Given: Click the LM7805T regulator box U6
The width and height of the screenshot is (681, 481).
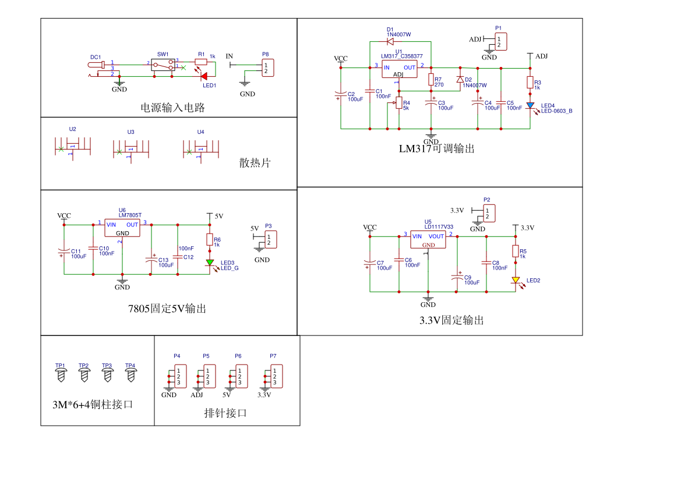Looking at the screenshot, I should pos(122,228).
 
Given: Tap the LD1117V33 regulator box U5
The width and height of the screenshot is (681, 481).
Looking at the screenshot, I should pos(428,240).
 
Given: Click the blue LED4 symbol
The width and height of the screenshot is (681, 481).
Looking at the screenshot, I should pos(530,106).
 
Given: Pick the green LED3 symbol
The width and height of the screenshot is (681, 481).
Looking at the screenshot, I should pos(210,263).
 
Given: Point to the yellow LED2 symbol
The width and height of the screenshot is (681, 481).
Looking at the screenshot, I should pos(516,280).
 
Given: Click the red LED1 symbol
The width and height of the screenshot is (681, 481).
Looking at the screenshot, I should pos(203,76).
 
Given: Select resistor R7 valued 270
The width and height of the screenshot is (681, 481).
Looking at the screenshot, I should pos(431,80).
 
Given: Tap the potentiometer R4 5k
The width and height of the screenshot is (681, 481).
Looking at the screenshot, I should pos(399,104).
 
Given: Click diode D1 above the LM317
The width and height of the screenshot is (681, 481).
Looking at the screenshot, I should pos(390,41).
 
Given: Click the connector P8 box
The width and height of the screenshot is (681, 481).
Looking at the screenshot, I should pos(267,68).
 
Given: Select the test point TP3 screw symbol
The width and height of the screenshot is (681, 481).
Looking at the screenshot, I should pos(107,375).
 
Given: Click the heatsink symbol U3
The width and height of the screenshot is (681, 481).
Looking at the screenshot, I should pos(131,150).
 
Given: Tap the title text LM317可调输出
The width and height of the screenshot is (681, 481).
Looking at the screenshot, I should pos(436,149).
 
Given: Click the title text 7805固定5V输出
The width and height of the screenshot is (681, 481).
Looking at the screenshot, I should pos(167,309).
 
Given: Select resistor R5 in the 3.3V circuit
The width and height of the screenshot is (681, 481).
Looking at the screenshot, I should pos(516,251).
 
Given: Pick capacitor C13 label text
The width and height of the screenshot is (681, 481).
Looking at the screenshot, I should pos(164,260).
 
